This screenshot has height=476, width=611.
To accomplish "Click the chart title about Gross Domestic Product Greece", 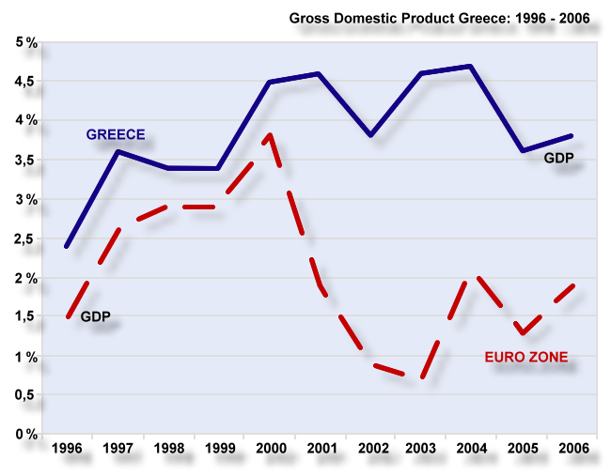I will click(431, 18).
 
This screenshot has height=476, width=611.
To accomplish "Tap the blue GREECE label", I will click(116, 134).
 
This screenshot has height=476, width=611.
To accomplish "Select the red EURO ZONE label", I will click(526, 357).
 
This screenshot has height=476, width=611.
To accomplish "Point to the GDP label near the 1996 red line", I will click(95, 316).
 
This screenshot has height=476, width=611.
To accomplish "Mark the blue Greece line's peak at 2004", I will click(470, 66).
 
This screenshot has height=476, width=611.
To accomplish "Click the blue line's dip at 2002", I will click(370, 135).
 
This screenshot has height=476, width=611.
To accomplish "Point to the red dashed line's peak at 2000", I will click(270, 135).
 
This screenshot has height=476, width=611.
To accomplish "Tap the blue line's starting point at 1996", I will click(66, 246).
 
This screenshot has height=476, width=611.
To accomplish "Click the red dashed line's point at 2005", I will click(521, 333).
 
